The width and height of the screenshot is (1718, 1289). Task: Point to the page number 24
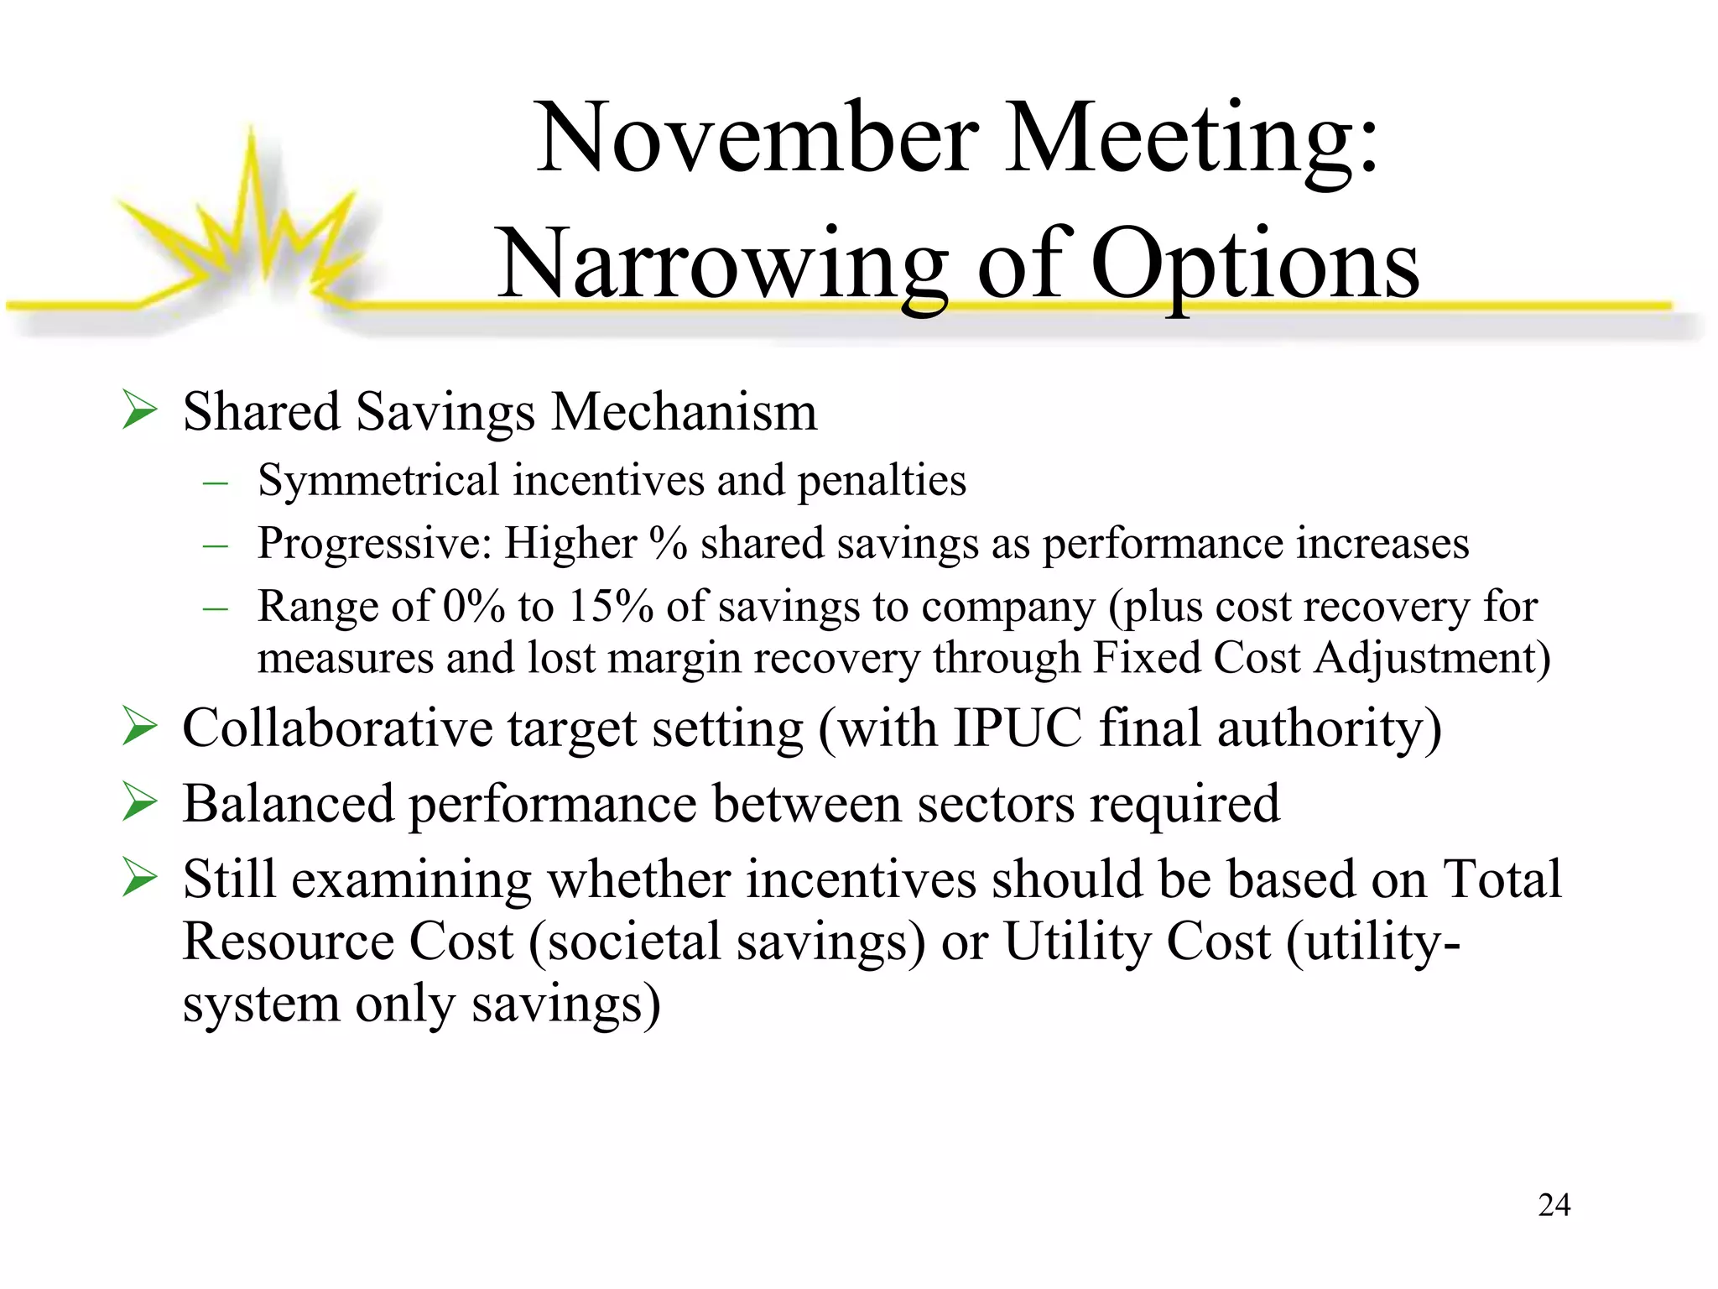tap(1554, 1205)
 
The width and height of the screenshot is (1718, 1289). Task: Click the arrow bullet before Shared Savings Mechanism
tap(139, 410)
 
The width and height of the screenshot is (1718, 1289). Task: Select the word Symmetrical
tap(378, 481)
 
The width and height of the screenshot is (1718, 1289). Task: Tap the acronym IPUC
tap(1018, 728)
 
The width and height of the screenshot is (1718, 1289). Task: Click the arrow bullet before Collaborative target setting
tap(139, 726)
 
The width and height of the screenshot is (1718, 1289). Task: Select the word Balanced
tap(288, 803)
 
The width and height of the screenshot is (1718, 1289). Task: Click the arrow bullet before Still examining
tap(139, 877)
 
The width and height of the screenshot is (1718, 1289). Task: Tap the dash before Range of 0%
tap(216, 607)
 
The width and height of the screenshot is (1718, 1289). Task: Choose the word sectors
tap(995, 803)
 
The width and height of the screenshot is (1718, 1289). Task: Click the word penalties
tap(882, 481)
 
